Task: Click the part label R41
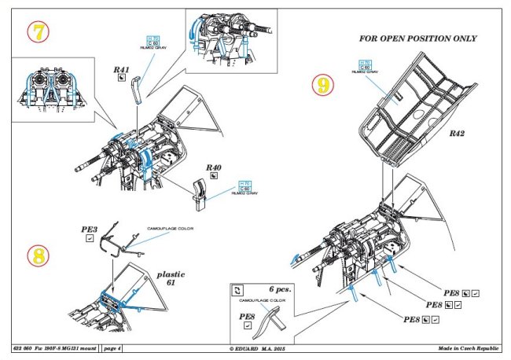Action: (121, 72)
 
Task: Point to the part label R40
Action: (214, 167)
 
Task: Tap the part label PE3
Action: (89, 230)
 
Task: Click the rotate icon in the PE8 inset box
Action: (241, 290)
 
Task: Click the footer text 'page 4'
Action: (111, 347)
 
